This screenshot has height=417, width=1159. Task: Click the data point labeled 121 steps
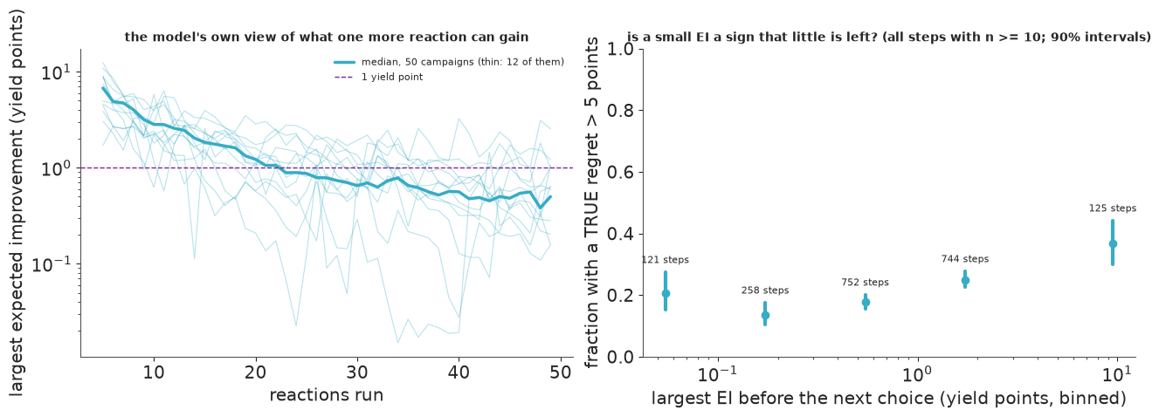pyautogui.click(x=666, y=293)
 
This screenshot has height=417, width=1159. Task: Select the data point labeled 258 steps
pyautogui.click(x=765, y=315)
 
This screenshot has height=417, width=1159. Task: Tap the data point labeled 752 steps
pyautogui.click(x=866, y=303)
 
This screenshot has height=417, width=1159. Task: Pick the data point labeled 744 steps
pyautogui.click(x=965, y=281)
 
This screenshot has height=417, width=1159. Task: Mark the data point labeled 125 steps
pyautogui.click(x=1113, y=244)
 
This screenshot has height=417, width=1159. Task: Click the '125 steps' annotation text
pyautogui.click(x=1113, y=208)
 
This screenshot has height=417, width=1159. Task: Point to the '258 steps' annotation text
pyautogui.click(x=765, y=291)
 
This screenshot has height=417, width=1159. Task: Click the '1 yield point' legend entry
pyautogui.click(x=391, y=77)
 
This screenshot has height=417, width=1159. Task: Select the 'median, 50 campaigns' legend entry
pyautogui.click(x=449, y=62)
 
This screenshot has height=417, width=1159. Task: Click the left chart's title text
pyautogui.click(x=327, y=38)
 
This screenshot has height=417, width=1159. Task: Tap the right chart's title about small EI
pyautogui.click(x=889, y=38)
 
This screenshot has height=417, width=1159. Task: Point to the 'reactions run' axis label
pyautogui.click(x=327, y=395)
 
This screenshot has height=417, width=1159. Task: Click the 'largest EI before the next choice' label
pyautogui.click(x=888, y=399)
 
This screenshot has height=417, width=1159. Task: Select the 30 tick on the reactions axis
pyautogui.click(x=357, y=373)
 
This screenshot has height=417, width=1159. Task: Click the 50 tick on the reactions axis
pyautogui.click(x=561, y=373)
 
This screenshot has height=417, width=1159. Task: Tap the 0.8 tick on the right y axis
pyautogui.click(x=620, y=111)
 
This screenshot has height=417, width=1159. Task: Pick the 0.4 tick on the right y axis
pyautogui.click(x=620, y=234)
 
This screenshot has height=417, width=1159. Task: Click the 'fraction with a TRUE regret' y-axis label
pyautogui.click(x=591, y=202)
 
